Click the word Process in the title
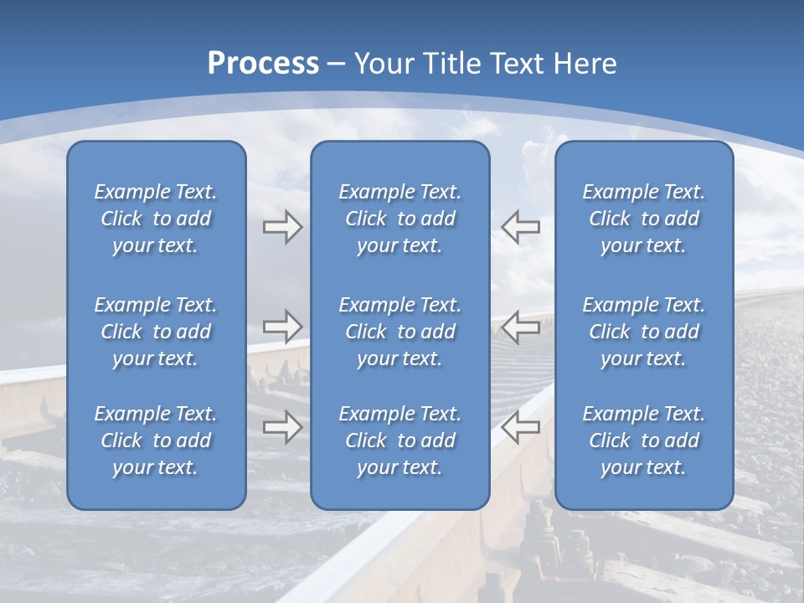coord(263,64)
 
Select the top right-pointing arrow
coord(282,227)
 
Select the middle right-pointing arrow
coord(282,327)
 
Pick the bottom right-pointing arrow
coord(282,427)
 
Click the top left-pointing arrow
coord(521,227)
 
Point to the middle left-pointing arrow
coord(521,327)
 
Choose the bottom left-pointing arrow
coord(521,427)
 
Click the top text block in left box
coord(156,219)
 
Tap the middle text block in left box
coord(156,332)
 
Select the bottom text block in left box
coord(156,441)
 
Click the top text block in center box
coord(400,219)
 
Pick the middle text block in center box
coord(400,332)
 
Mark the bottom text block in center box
coord(400,441)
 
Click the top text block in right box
coord(644,219)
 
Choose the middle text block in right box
coord(644,332)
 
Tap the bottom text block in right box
coord(644,441)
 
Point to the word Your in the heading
coord(381,64)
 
